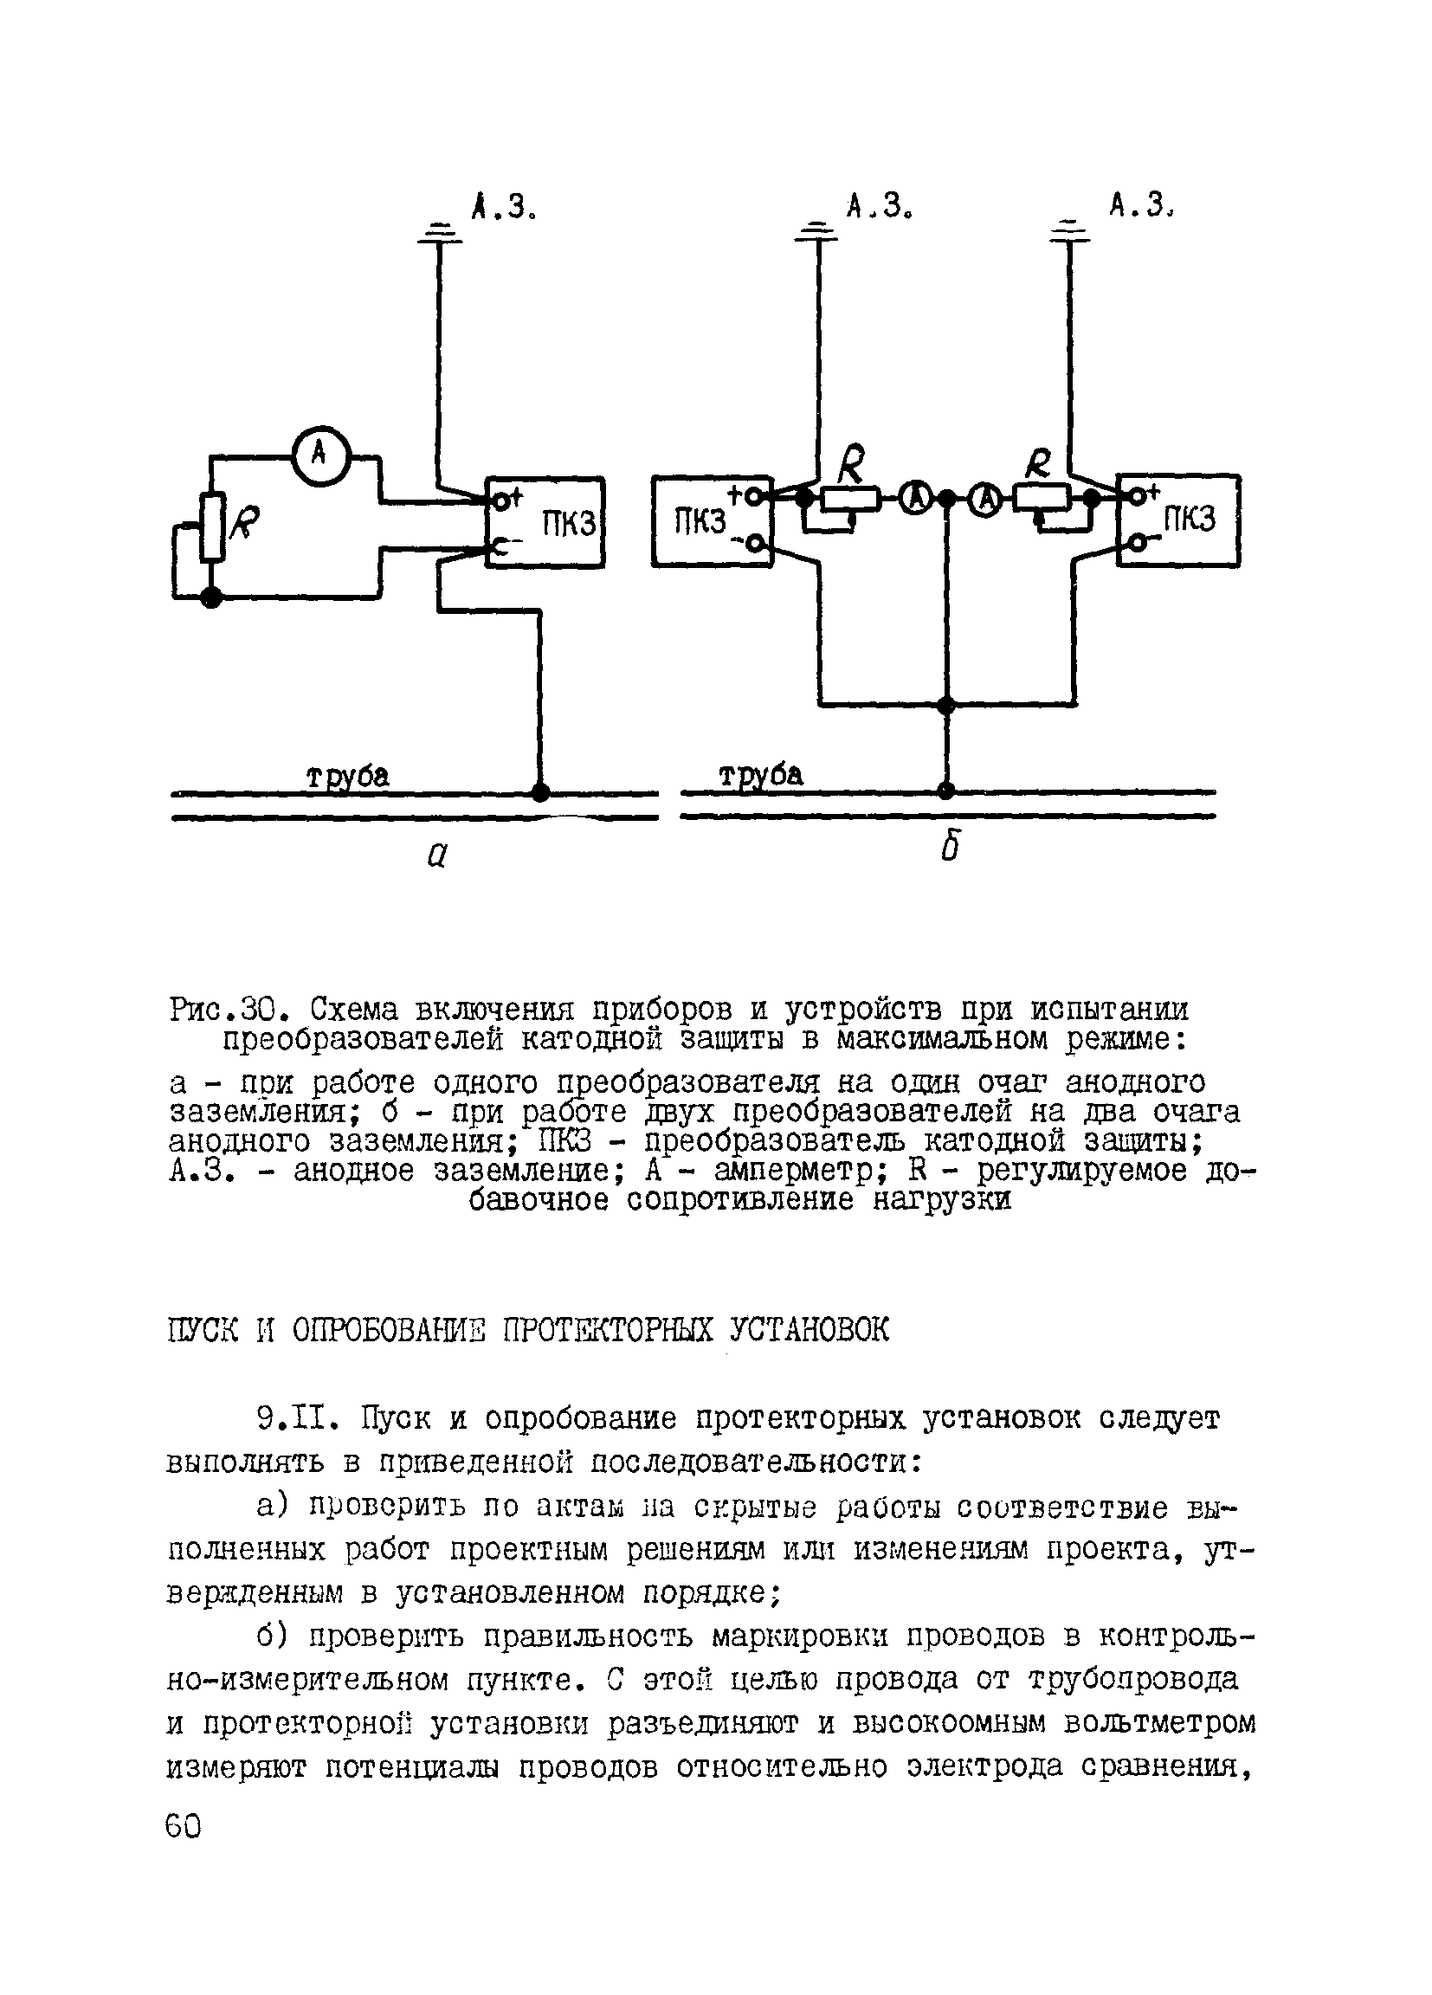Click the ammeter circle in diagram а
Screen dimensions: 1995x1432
320,455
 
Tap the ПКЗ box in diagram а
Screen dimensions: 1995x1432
545,522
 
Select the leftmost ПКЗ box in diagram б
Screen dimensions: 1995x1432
711,521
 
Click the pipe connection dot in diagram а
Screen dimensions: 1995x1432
541,792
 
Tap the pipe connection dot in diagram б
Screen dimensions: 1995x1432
945,790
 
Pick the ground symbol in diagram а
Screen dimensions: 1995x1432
439,233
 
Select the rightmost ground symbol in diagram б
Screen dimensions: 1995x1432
1069,233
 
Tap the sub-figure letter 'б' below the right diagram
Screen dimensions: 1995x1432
948,848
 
